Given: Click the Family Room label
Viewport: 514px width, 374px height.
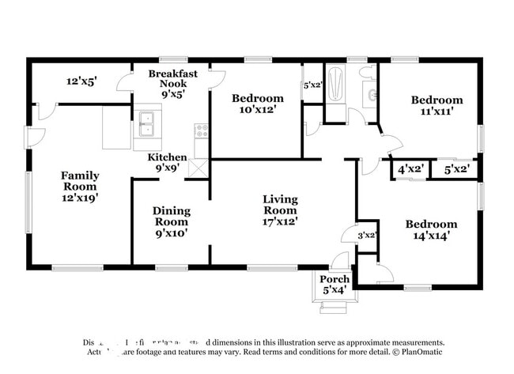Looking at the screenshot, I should [80, 181].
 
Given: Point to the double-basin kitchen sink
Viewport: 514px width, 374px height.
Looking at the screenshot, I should [146, 123].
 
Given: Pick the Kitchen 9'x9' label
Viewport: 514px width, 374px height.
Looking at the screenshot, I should [168, 163].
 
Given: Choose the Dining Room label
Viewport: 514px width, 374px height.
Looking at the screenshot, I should [171, 217].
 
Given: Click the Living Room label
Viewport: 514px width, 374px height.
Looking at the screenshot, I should [280, 204].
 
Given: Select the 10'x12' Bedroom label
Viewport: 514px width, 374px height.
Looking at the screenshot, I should [257, 104].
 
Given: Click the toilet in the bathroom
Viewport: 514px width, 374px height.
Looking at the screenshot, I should [367, 74].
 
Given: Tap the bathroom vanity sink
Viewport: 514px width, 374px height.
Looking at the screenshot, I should [370, 96].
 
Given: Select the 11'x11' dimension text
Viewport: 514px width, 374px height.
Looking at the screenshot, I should [437, 112].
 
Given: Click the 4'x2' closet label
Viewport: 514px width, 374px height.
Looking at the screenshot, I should [410, 169].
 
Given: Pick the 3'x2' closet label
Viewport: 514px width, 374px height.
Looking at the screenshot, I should [366, 235].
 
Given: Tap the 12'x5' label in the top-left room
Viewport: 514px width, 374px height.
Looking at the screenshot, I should [81, 81].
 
